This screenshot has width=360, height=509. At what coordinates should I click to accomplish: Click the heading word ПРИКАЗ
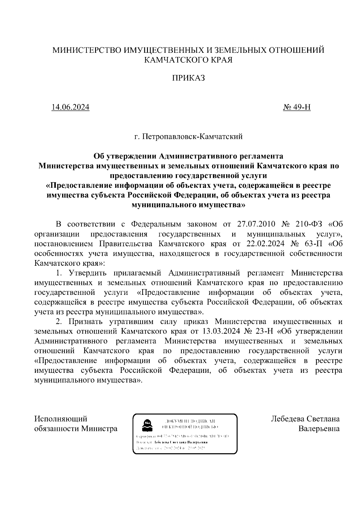tap(188, 78)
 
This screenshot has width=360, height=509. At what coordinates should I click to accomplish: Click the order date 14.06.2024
tap(70, 107)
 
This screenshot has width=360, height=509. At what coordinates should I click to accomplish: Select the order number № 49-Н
tap(297, 107)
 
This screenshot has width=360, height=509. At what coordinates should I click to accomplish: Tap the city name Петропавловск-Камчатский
tap(192, 137)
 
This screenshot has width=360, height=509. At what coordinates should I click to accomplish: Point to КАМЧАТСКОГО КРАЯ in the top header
tap(188, 60)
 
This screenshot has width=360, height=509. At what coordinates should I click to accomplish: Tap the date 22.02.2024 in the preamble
tap(265, 244)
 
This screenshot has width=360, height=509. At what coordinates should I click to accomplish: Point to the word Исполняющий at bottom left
tap(61, 419)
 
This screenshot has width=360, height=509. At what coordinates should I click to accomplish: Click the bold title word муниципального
tap(164, 205)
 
